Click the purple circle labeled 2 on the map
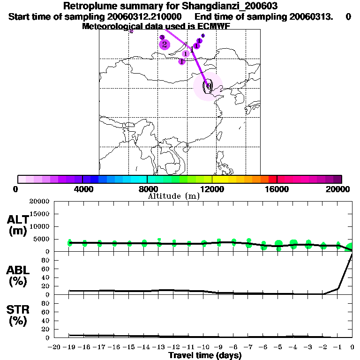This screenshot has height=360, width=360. pyautogui.click(x=164, y=45)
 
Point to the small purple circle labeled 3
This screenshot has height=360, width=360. pyautogui.click(x=162, y=37)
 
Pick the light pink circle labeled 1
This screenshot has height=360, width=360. pyautogui.click(x=186, y=54)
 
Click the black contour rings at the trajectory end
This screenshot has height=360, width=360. pyautogui.click(x=208, y=85)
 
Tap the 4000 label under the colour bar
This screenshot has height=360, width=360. pyautogui.click(x=82, y=189)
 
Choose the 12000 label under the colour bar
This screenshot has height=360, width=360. pyautogui.click(x=212, y=189)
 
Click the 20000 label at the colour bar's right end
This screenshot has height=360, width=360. pyautogui.click(x=340, y=189)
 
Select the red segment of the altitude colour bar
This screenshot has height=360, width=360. pyautogui.click(x=272, y=179)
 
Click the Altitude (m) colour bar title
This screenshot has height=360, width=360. pyautogui.click(x=173, y=196)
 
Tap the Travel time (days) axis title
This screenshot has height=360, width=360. pyautogui.click(x=205, y=356)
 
